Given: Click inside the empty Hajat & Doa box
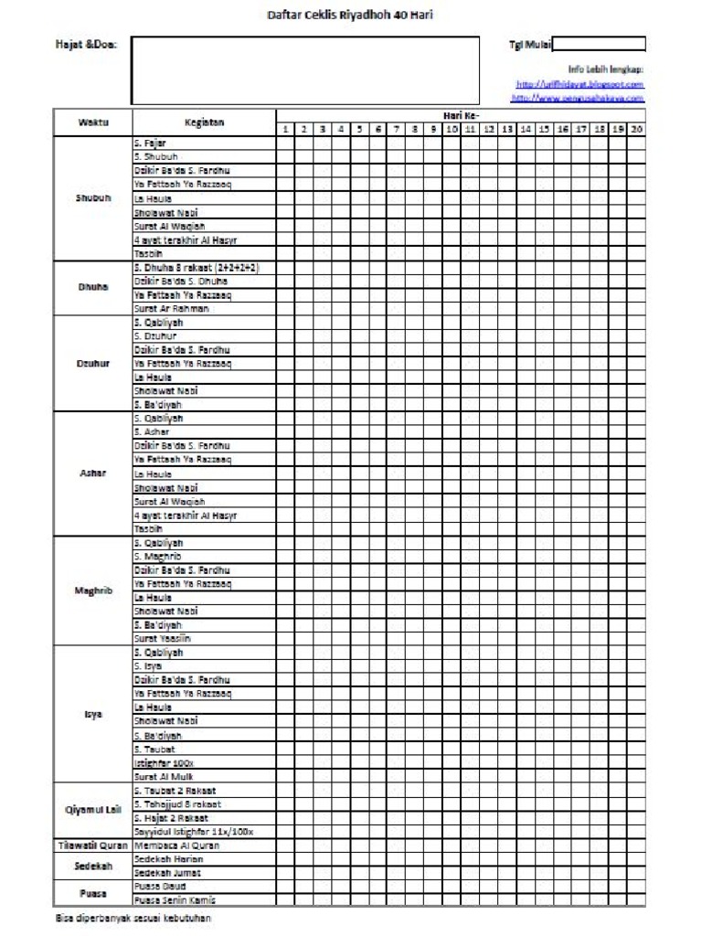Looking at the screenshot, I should (305, 70).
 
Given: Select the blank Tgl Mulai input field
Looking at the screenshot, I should (599, 44).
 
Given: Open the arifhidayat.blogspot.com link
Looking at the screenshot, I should (580, 84).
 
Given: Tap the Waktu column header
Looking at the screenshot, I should (93, 122).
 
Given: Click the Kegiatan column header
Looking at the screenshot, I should (204, 122).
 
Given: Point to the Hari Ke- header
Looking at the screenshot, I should (461, 116).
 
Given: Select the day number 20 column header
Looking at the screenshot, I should (636, 130).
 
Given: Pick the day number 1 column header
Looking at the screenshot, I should (285, 130).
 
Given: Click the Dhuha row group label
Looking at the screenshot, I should (93, 288).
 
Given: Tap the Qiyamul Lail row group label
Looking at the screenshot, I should (93, 810).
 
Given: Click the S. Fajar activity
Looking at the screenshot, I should (151, 144).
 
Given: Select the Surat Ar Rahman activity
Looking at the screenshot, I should (172, 309).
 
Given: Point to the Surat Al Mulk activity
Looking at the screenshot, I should (162, 776).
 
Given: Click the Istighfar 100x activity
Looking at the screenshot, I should (165, 762).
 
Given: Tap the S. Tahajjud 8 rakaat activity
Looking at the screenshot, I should (176, 804).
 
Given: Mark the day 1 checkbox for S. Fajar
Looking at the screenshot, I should (285, 144).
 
